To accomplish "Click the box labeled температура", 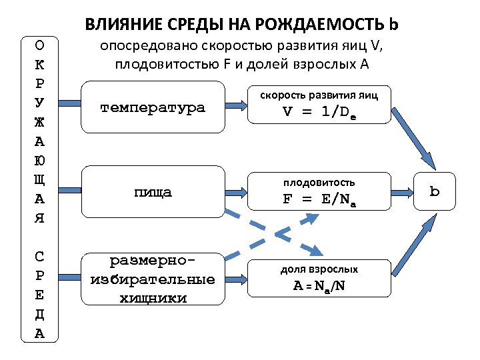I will pyautogui.click(x=153, y=107).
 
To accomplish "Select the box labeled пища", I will pyautogui.click(x=153, y=193).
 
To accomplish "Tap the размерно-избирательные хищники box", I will pyautogui.click(x=153, y=278).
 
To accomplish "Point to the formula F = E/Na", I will pyautogui.click(x=319, y=199).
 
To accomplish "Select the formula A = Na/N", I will pyautogui.click(x=319, y=286).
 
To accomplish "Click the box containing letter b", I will pyautogui.click(x=435, y=192).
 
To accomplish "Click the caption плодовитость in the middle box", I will pyautogui.click(x=319, y=182).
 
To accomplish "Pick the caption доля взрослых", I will pyautogui.click(x=319, y=269).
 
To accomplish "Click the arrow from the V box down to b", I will pyautogui.click(x=412, y=140).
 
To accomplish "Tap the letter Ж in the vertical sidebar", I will pyautogui.click(x=39, y=122).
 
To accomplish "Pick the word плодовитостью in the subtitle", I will pyautogui.click(x=165, y=64).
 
